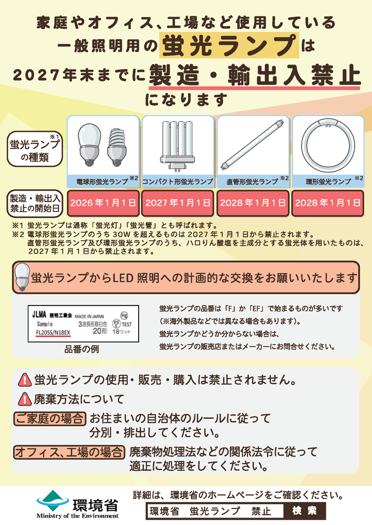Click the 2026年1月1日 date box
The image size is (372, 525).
coord(103,203)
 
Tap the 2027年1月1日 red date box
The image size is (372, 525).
coord(178,203)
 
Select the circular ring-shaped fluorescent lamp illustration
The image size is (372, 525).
coord(328,146)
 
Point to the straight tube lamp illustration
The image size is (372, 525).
coord(253,145)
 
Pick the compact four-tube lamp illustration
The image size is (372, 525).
coord(178,145)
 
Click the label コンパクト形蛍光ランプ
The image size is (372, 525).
coord(178,182)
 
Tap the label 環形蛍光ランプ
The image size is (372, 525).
coord(328,182)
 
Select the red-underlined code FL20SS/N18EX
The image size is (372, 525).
coord(53,333)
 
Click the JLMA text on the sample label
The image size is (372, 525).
coord(39,315)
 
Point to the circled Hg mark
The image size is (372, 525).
coord(124,315)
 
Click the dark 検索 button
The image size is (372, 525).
coord(305,511)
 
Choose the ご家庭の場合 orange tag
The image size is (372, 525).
coord(50,419)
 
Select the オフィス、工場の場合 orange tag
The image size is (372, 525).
coord(69,452)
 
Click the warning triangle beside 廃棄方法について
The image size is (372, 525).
coord(25,399)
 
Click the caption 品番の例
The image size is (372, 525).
coord(81,349)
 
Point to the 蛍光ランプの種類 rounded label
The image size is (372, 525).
coord(35,149)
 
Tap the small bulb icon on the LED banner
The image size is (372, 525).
coord(22,276)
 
